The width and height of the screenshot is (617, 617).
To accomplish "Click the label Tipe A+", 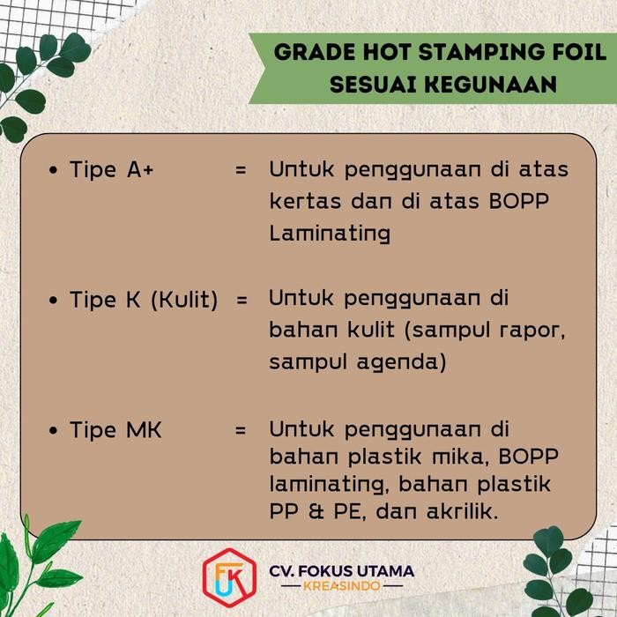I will tap(111, 169).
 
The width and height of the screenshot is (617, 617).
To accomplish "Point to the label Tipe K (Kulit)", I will tap(144, 300).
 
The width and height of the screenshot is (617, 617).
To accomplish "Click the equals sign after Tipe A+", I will tap(241, 169).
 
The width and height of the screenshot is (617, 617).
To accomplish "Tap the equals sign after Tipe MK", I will tap(241, 431).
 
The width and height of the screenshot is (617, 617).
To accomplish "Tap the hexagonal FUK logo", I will tap(224, 578).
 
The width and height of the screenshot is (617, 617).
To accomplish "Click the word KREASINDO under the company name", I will tap(341, 586).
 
